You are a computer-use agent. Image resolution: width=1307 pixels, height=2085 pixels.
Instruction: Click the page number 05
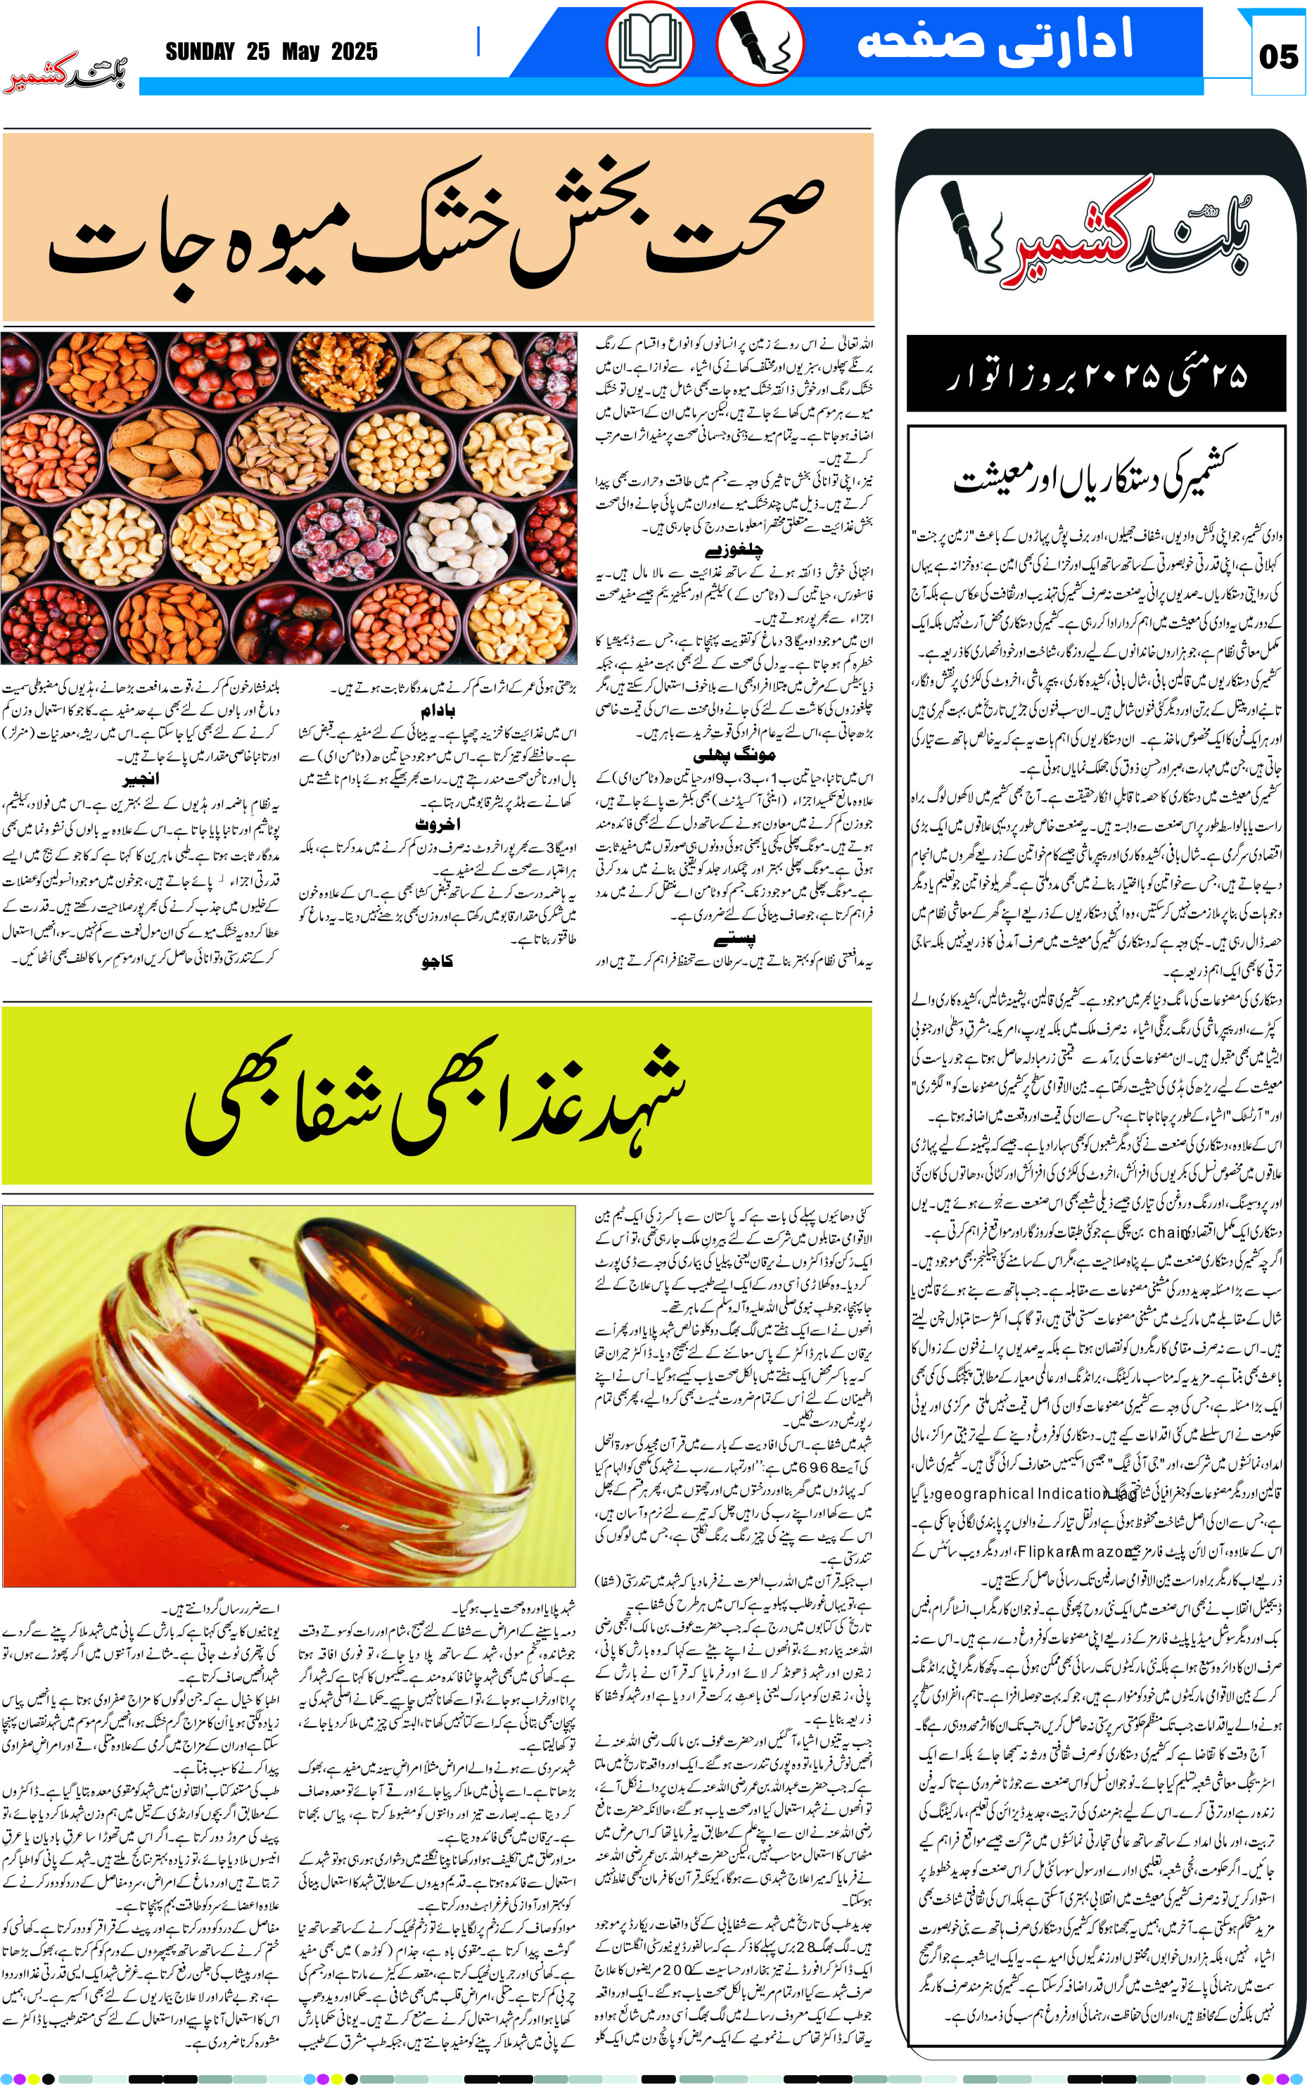(1277, 57)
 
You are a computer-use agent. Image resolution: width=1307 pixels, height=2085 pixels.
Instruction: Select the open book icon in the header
(649, 43)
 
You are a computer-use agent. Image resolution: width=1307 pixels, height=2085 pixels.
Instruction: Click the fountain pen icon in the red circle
(760, 43)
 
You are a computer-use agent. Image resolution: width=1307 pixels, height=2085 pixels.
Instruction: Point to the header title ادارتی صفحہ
(994, 42)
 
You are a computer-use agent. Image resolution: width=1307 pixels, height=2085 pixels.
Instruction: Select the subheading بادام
(438, 711)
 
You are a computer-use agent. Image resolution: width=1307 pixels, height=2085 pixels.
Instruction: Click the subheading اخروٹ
(438, 825)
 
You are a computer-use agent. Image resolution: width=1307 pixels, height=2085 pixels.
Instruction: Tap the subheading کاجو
(438, 961)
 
